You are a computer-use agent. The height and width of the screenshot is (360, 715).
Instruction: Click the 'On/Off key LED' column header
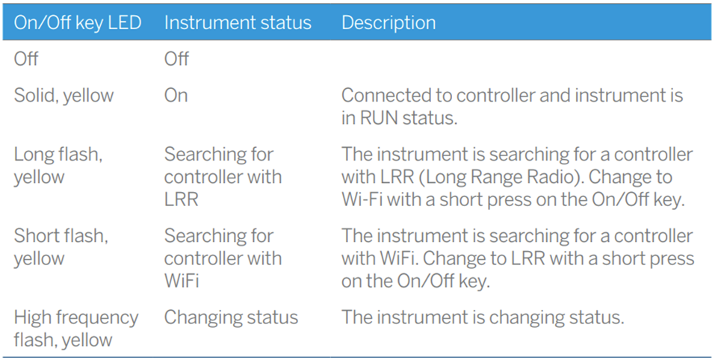coord(78,23)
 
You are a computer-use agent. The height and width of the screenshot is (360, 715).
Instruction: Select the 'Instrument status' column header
coord(238,23)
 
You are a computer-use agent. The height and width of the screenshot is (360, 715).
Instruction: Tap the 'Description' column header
coord(389,23)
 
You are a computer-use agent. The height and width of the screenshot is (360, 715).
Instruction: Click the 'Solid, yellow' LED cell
coord(64,96)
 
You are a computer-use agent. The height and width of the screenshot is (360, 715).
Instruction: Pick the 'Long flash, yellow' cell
coord(58,166)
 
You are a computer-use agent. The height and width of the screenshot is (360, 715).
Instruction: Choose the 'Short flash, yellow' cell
coord(61,247)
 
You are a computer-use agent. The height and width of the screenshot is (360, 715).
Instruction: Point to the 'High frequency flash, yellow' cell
coord(76,329)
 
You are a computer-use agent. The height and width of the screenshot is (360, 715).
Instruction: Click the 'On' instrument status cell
coord(176,96)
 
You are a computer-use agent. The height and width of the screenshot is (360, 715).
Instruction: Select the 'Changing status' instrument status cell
coord(231,317)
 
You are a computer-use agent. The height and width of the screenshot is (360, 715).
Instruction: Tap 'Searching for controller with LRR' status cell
coord(223,177)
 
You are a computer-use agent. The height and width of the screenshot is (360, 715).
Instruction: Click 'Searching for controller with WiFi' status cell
coord(223,258)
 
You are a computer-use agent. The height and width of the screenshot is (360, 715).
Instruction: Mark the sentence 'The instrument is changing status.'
coord(483,317)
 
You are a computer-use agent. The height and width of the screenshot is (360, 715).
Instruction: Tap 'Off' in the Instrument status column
coord(176,59)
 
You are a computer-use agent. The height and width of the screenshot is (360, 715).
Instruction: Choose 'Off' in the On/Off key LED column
coord(26,59)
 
